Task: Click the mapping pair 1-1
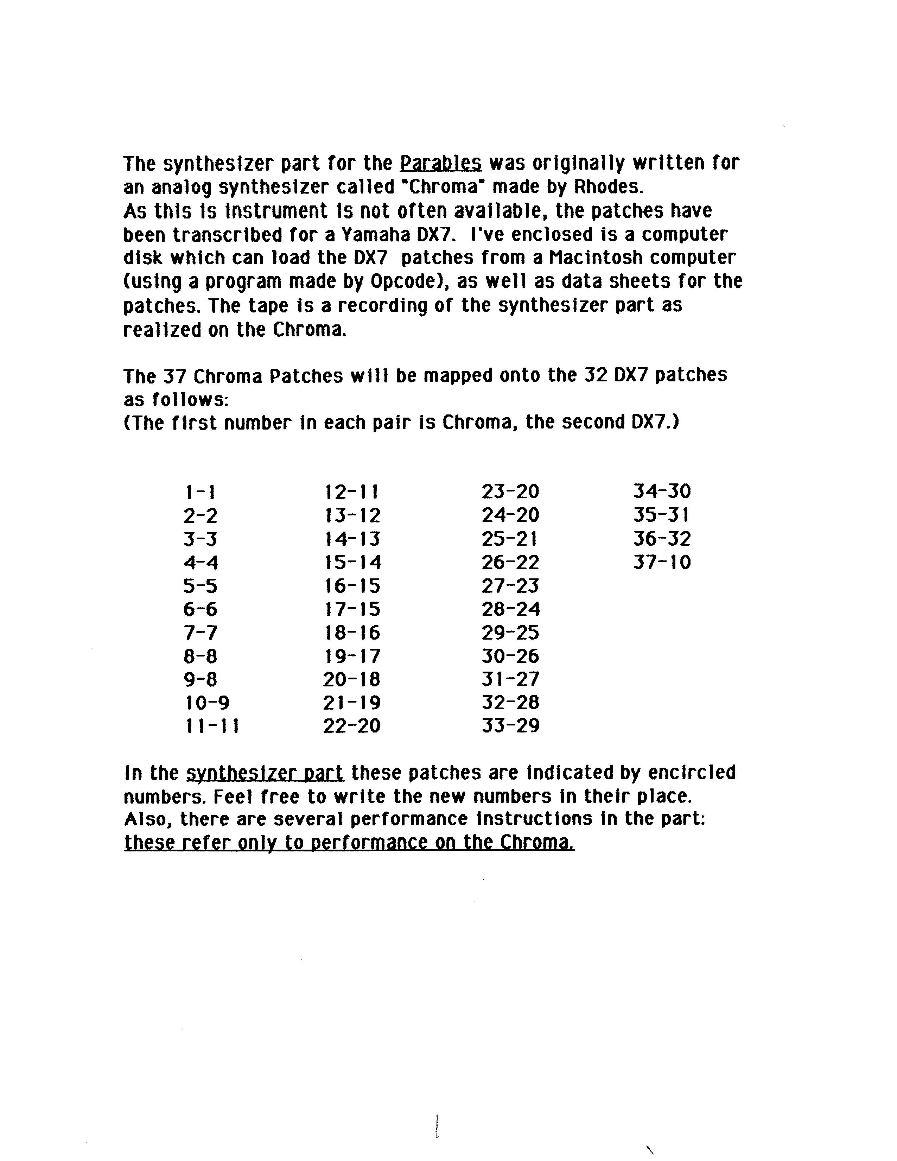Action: click(x=201, y=492)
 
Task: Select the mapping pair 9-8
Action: click(x=201, y=679)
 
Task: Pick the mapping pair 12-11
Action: click(x=352, y=492)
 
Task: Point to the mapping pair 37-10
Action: click(x=662, y=562)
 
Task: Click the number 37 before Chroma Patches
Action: click(x=174, y=376)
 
